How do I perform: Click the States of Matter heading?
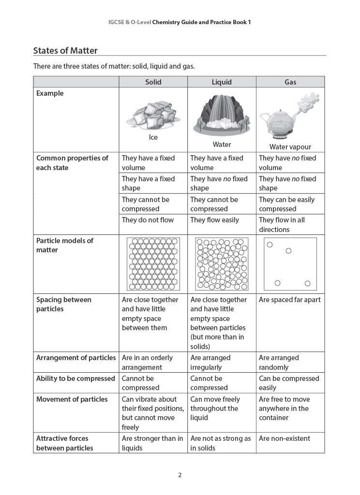click(x=65, y=51)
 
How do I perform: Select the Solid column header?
click(x=153, y=82)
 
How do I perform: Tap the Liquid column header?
click(x=222, y=82)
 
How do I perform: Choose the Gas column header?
click(x=290, y=82)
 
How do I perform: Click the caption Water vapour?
click(x=290, y=147)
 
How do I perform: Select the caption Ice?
click(x=153, y=137)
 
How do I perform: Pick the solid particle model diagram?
click(x=153, y=264)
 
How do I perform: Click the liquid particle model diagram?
click(x=222, y=264)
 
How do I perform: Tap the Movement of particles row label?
click(x=72, y=399)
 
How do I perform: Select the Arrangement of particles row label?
click(x=76, y=358)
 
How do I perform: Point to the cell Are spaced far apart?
click(x=289, y=300)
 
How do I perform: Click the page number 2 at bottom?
click(x=180, y=475)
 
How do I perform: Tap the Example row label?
click(x=50, y=93)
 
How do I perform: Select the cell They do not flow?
click(x=148, y=220)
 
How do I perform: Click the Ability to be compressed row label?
click(x=75, y=379)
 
